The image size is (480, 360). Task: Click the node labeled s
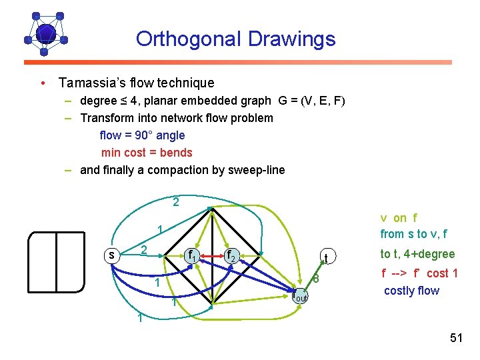[x=112, y=255]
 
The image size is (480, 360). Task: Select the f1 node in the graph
[x=192, y=255]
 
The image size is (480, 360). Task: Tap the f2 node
[x=230, y=255]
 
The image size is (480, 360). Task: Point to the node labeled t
[x=325, y=257]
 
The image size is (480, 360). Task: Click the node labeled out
[x=301, y=297]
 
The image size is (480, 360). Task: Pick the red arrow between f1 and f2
[x=211, y=255]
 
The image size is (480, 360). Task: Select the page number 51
[x=456, y=338]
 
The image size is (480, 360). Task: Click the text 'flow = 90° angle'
[x=142, y=135]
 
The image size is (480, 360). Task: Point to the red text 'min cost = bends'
[x=147, y=153]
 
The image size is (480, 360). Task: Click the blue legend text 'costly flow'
[x=411, y=291]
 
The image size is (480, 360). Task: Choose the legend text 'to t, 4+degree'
[x=417, y=254]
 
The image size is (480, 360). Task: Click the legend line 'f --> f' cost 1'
[x=419, y=273]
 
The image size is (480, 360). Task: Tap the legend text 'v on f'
[x=399, y=218]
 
